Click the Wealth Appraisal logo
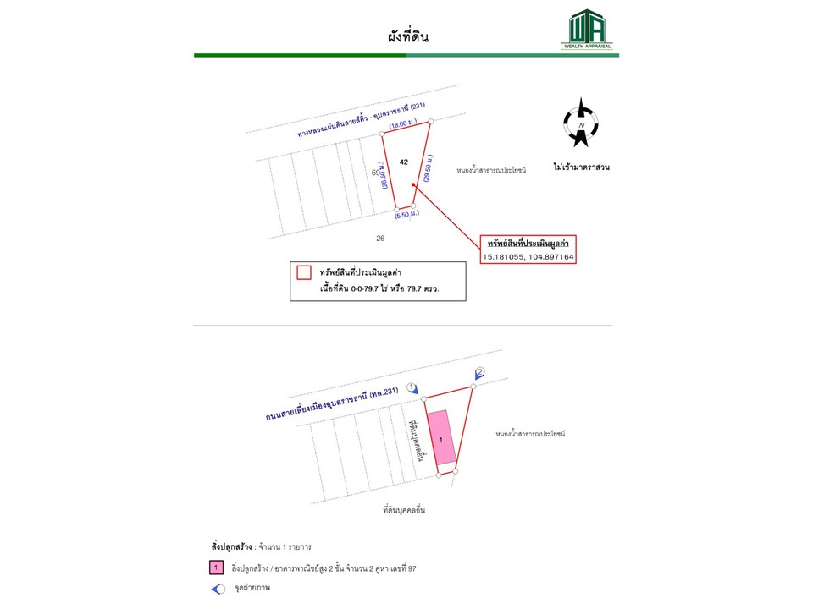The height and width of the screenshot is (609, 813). pos(586,30)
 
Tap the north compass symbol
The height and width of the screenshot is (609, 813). pos(581,125)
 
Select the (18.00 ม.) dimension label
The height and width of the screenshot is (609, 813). pos(404,125)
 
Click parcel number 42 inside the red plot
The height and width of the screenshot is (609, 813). pos(404,162)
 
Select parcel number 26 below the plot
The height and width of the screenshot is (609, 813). pos(380,238)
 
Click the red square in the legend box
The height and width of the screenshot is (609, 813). pos(304,272)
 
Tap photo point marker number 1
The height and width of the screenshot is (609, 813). pos(412,388)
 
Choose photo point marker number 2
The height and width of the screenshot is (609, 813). pos(479,373)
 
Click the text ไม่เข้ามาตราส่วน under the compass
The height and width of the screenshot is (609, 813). pos(581,167)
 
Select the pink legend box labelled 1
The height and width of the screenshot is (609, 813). pos(218,568)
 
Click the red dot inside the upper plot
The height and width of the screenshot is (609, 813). pos(413,184)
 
